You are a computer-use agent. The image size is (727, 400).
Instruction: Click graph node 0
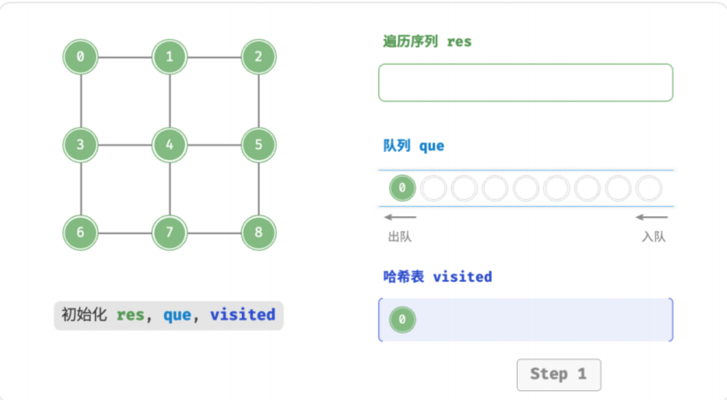pos(81,57)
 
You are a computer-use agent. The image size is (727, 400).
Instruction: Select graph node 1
pos(170,57)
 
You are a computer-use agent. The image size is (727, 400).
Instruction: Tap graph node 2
pos(259,57)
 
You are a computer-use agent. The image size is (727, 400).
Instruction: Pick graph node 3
pos(81,145)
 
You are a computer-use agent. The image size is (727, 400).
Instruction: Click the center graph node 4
pos(170,145)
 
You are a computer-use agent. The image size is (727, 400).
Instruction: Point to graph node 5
pos(259,145)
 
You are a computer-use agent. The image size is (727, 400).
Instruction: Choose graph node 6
pos(81,232)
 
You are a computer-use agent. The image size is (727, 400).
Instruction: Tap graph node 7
pos(170,232)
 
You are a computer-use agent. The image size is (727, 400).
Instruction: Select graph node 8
pos(259,232)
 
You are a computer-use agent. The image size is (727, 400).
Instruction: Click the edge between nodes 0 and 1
pos(125,58)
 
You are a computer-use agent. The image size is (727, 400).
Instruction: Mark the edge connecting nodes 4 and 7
pos(170,188)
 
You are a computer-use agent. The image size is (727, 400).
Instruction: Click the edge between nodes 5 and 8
pos(259,188)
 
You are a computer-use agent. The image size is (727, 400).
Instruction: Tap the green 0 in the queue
pos(402,188)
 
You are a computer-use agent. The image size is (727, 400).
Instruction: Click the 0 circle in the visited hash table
pos(402,319)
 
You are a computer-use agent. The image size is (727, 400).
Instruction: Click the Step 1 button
pos(559,374)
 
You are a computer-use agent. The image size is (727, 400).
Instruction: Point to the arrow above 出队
pos(400,217)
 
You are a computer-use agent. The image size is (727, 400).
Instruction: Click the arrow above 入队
pos(652,217)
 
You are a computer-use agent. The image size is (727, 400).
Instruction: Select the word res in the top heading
pos(459,42)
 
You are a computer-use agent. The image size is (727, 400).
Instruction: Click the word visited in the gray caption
pos(243,315)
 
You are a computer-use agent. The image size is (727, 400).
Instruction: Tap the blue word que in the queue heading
pos(432,147)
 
